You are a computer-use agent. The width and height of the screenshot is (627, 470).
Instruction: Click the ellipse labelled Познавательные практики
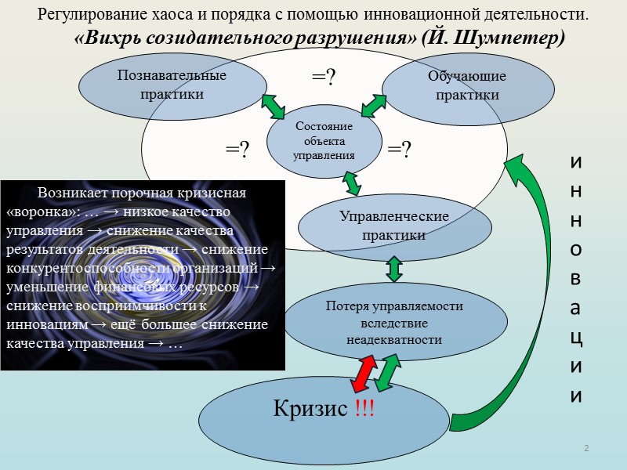[172, 85]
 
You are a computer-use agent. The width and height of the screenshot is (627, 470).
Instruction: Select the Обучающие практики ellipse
[467, 85]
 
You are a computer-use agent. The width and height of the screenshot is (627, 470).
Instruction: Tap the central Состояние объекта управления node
[324, 141]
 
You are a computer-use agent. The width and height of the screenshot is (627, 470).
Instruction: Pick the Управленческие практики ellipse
[394, 226]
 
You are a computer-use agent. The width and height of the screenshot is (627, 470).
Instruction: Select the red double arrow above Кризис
[361, 372]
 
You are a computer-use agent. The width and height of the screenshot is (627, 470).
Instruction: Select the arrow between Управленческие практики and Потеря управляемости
[394, 269]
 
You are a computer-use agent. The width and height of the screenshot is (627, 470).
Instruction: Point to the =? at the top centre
[324, 77]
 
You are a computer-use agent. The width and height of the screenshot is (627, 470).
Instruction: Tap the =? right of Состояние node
[400, 149]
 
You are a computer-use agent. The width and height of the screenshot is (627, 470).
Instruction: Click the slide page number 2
[585, 447]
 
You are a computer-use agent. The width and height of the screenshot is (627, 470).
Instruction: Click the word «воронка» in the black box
[36, 212]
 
